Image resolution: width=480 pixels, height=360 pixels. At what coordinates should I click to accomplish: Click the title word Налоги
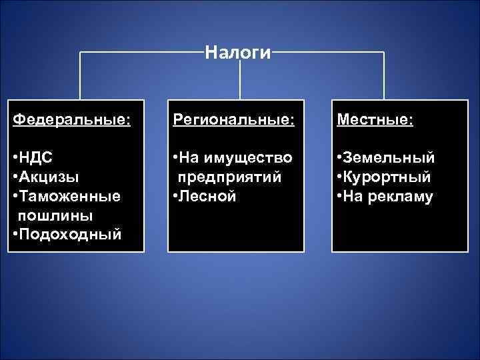pos(238,52)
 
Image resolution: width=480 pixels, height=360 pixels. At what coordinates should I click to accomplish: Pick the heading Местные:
pos(375,120)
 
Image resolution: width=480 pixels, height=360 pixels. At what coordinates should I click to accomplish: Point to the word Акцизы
pos(49,177)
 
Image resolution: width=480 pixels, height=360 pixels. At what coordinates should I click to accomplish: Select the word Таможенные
pos(69,197)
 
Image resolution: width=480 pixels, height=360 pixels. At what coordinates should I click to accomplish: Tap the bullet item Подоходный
pos(71,235)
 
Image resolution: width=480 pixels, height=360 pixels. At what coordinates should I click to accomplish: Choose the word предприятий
pos(229,177)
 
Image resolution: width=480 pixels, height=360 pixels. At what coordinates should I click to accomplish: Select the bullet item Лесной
pos(207,197)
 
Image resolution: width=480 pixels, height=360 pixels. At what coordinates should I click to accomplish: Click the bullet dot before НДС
pos(15,158)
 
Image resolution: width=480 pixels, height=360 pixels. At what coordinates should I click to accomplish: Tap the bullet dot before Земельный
pos(340,158)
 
